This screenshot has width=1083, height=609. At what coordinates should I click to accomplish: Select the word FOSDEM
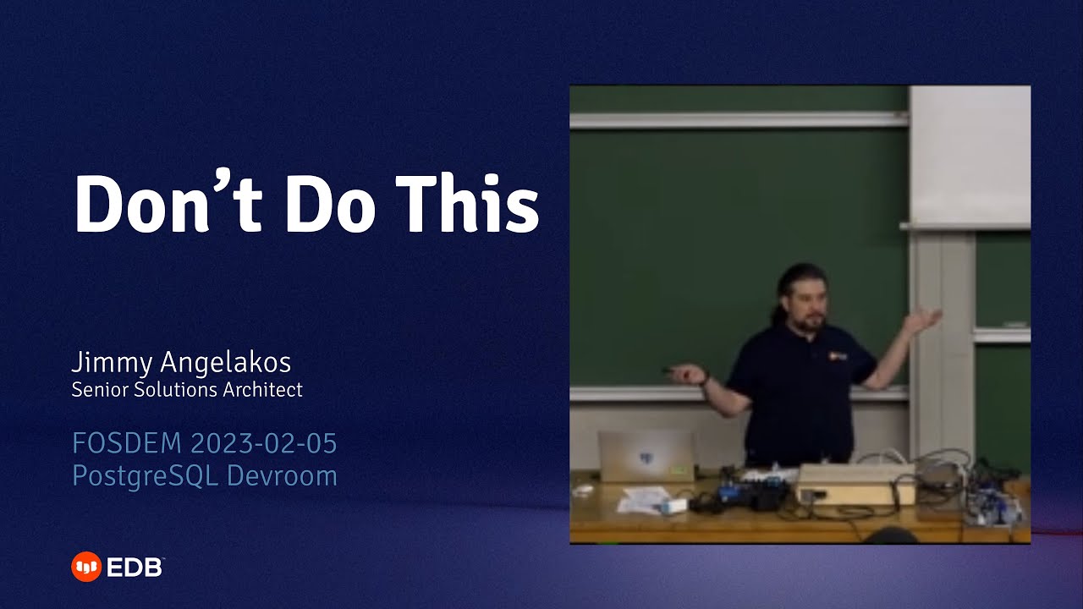pyautogui.click(x=127, y=443)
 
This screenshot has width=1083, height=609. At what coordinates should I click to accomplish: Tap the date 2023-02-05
pyautogui.click(x=264, y=443)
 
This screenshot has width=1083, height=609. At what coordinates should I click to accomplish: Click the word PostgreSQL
pyautogui.click(x=146, y=475)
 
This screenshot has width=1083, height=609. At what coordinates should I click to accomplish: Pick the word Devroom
pyautogui.click(x=282, y=475)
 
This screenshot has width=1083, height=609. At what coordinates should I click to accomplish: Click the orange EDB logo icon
pyautogui.click(x=85, y=567)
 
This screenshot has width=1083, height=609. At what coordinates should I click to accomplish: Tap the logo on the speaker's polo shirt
pyautogui.click(x=838, y=356)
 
